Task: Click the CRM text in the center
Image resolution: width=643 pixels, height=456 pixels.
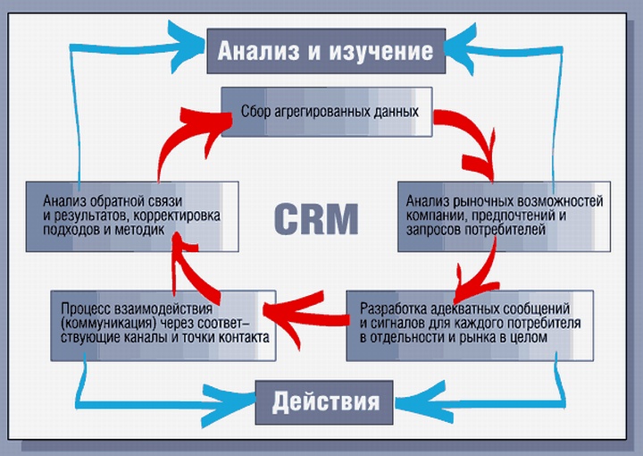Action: tap(316, 217)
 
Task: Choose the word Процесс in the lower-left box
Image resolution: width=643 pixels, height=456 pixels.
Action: tap(83, 307)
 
